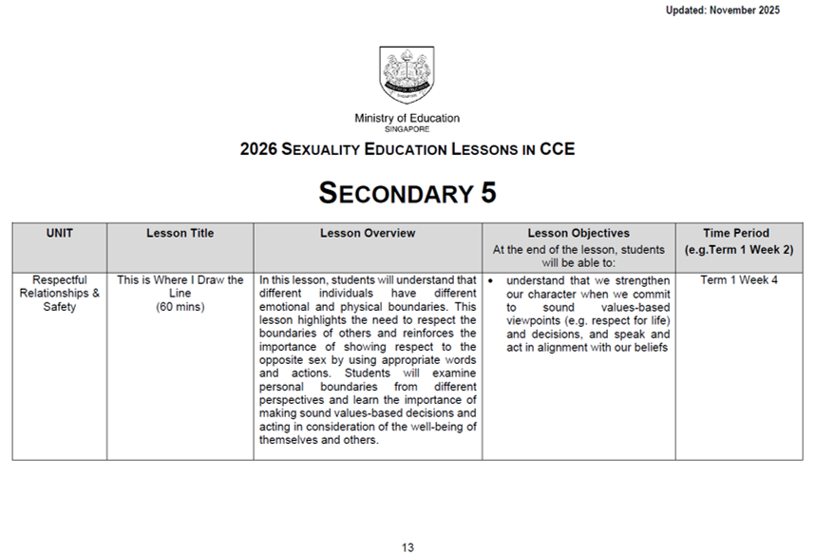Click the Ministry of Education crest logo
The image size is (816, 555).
407,75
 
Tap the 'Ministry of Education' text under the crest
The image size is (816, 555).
407,119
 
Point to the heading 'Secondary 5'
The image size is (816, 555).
407,193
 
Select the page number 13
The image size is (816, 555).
408,547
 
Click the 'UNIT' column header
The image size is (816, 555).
59,233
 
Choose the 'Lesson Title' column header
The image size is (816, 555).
180,233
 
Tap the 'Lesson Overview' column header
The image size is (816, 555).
368,233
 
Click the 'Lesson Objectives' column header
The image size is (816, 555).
579,233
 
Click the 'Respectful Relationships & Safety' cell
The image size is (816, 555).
59,294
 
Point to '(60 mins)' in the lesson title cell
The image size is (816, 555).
180,307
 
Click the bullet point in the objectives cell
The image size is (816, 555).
489,281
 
